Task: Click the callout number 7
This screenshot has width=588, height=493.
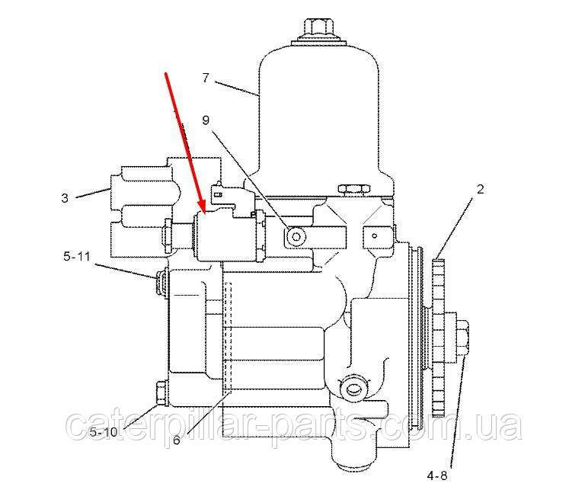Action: pos(206,78)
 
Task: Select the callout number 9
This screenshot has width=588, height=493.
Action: pos(206,120)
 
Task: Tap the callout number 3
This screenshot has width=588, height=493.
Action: pos(66,197)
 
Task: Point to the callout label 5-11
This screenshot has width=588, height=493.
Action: pos(77,257)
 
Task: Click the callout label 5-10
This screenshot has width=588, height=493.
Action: pos(104,432)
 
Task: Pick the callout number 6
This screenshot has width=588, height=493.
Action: pos(177,440)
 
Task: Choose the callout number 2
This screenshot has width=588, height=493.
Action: pos(480,189)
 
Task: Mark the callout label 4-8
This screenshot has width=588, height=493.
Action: pos(437,475)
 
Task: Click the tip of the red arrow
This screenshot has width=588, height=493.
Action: pos(204,213)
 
